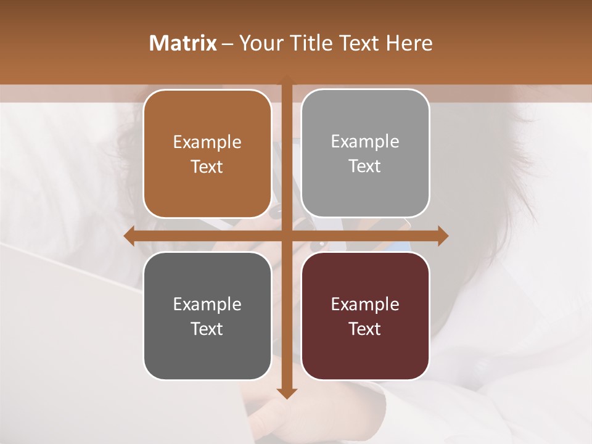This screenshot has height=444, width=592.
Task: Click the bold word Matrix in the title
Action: click(183, 43)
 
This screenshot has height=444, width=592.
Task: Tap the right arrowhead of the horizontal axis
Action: click(442, 236)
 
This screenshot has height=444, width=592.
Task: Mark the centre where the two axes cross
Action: click(287, 236)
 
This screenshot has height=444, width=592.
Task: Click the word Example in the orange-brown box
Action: click(207, 142)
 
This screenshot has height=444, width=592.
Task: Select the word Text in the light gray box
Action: click(365, 166)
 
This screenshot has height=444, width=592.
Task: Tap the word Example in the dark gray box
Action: click(207, 304)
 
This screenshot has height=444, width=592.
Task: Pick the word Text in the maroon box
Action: click(365, 329)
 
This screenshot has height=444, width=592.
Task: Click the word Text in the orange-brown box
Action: click(207, 167)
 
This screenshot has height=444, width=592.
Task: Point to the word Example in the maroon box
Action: click(365, 304)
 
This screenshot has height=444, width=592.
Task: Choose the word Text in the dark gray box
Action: click(207, 329)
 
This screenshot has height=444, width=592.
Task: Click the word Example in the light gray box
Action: click(365, 141)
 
